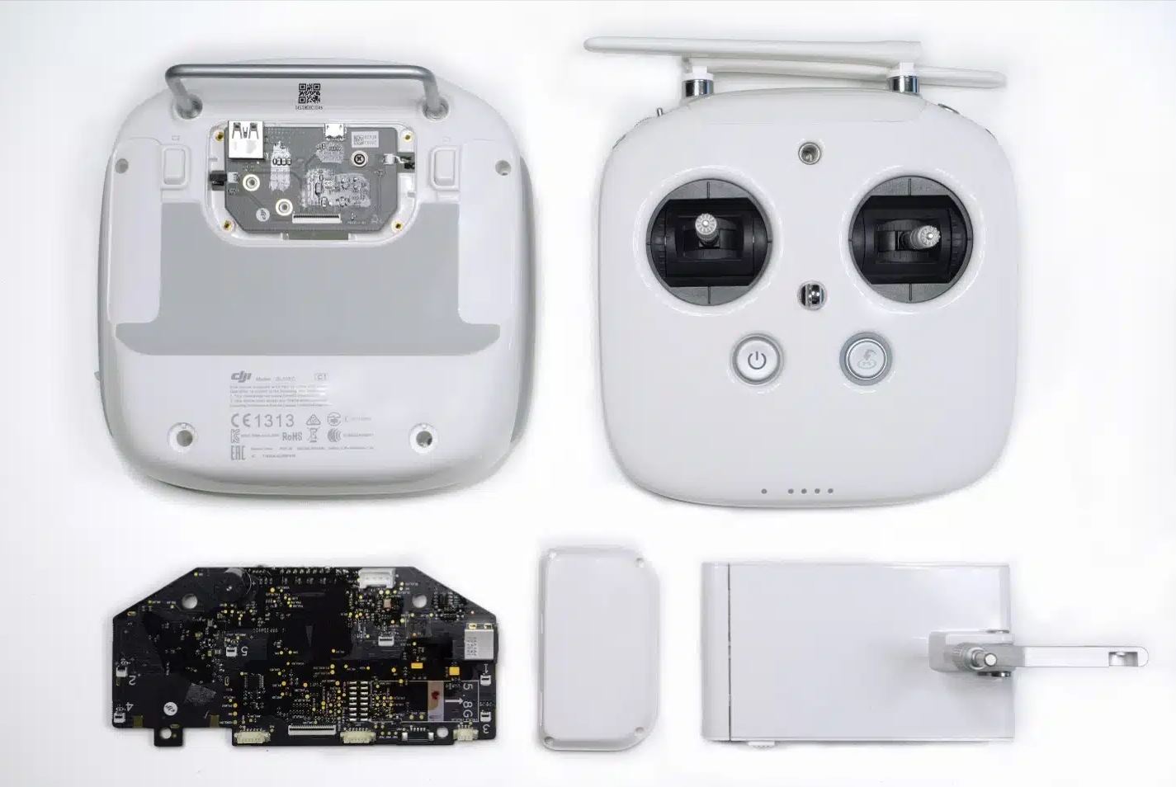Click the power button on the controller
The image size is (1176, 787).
coord(755,360)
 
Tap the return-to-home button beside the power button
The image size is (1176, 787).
coord(866,359)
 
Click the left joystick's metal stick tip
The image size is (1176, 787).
coord(707,225)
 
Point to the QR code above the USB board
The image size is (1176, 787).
coord(309,93)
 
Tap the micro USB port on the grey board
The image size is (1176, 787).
coord(335,130)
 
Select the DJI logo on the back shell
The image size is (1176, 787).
coord(240,377)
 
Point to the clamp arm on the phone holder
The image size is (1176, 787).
coord(1073,656)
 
